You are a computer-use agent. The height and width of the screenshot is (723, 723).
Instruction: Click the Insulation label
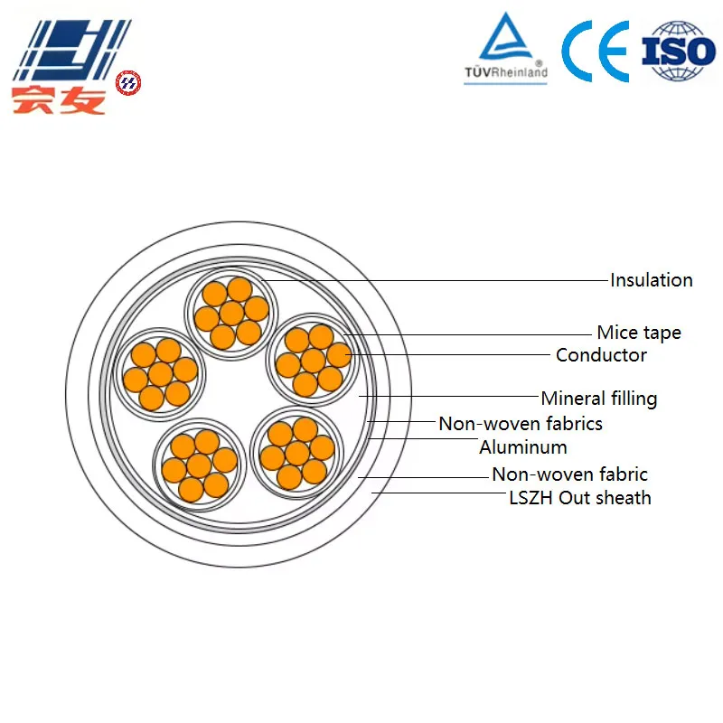(651, 280)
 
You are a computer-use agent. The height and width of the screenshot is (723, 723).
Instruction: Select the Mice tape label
(639, 333)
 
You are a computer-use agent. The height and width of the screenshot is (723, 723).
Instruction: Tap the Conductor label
(601, 355)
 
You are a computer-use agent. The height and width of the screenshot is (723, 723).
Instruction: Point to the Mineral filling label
(599, 399)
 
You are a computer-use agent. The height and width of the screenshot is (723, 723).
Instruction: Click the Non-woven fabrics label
(521, 424)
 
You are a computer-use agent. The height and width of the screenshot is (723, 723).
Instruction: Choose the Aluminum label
(523, 447)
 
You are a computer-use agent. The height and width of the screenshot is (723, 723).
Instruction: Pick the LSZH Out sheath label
(580, 498)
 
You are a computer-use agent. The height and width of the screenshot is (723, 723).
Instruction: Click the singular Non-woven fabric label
(570, 474)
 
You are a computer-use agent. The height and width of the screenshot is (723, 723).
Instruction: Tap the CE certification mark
(596, 52)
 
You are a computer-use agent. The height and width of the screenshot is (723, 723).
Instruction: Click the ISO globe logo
(679, 51)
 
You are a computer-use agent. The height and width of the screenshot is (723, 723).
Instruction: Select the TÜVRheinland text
(506, 72)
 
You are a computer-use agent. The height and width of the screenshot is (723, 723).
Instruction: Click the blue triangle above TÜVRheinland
(506, 36)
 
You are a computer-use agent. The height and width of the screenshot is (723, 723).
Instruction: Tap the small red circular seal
(128, 83)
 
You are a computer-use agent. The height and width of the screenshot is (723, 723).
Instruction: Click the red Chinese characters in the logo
(59, 99)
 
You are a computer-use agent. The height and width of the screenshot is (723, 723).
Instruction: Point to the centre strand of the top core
(231, 314)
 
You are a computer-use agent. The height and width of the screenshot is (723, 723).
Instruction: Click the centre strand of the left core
(161, 374)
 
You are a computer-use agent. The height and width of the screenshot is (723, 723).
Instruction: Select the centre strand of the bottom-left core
(199, 465)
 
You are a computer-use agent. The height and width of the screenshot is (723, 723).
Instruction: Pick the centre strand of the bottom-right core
(297, 454)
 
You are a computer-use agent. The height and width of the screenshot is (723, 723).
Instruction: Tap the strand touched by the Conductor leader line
(340, 355)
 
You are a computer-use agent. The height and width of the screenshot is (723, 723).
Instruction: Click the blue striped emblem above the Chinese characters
(72, 51)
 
